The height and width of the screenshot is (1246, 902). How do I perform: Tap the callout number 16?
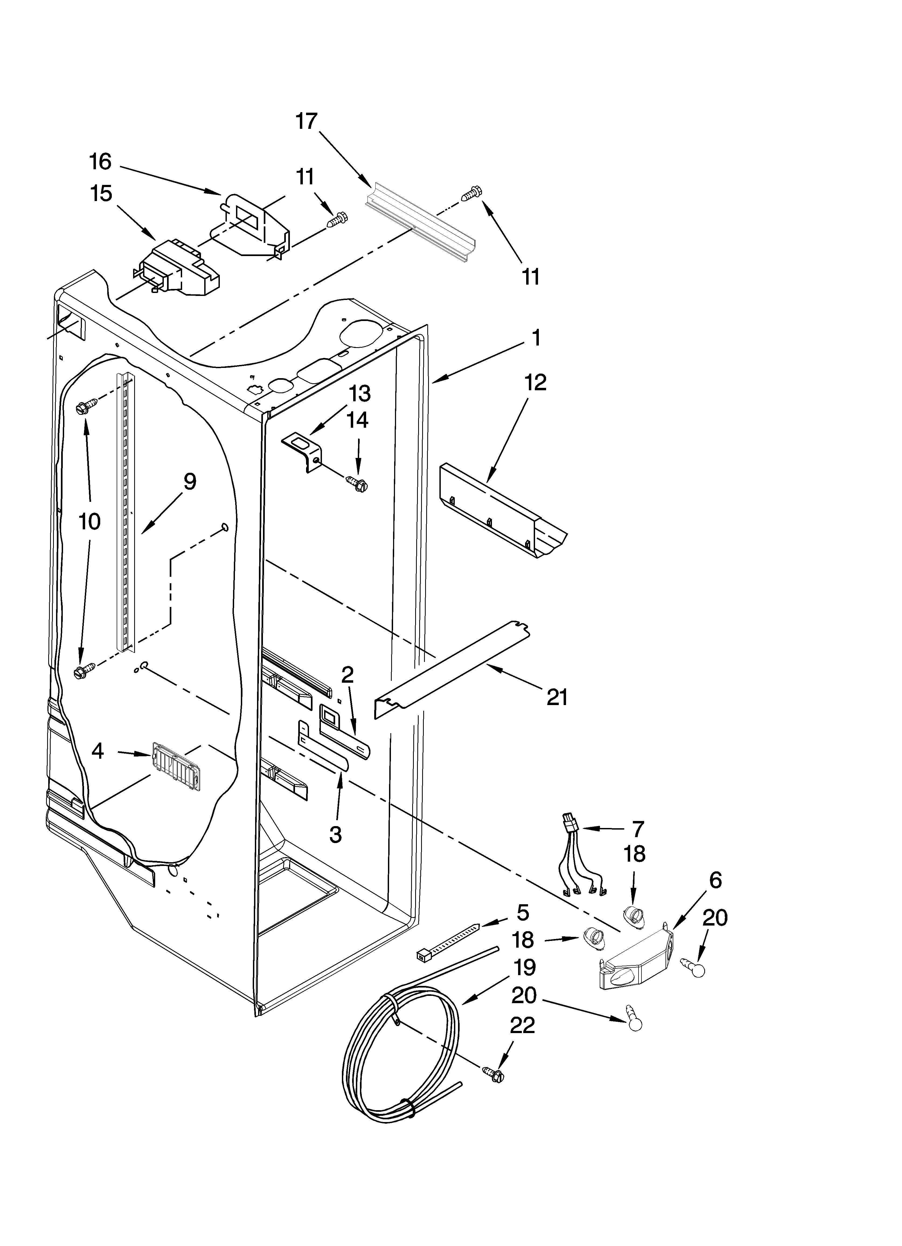coord(100,161)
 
